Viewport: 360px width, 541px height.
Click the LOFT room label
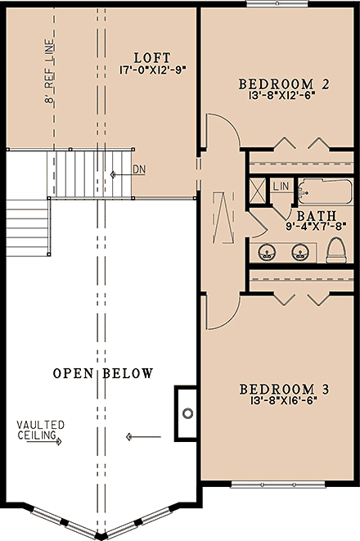[x=151, y=58]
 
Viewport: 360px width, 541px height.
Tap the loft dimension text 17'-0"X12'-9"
[x=151, y=70]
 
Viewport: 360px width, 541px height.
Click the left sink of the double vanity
[x=267, y=250]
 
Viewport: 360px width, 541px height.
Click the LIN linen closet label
[x=281, y=187]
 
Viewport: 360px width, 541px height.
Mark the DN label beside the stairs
[x=138, y=170]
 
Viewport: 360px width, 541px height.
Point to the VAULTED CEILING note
[x=38, y=431]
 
